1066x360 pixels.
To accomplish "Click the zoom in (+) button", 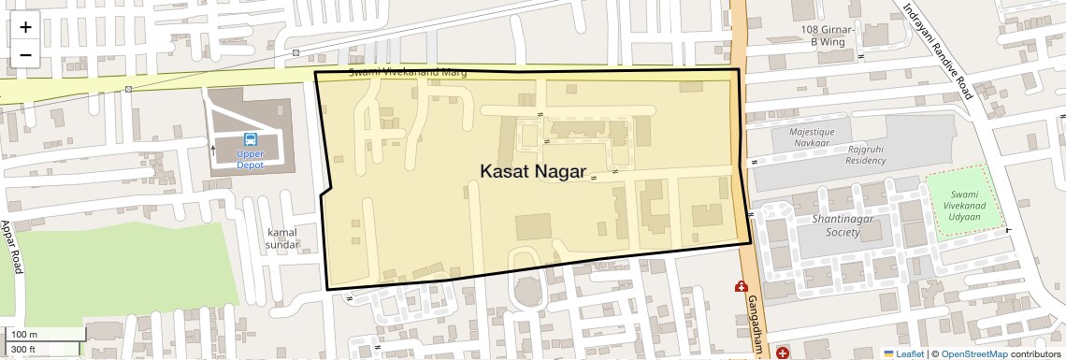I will [x=25, y=27].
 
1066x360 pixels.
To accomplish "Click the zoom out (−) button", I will [x=25, y=54].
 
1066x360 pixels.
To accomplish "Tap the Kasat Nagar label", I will [x=533, y=172].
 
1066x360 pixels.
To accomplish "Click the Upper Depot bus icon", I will [x=250, y=139].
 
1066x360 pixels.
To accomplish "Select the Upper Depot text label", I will [x=250, y=159].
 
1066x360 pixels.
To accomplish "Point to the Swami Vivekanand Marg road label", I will [x=407, y=73].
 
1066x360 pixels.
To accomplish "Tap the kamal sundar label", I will [x=282, y=238].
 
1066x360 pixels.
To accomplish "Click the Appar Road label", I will [x=10, y=247].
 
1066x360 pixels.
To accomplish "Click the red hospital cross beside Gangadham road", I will [x=742, y=287].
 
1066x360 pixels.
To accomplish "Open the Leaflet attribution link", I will [x=903, y=353].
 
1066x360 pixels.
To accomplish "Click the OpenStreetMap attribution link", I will [x=973, y=353].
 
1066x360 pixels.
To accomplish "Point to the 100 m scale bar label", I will [x=24, y=335].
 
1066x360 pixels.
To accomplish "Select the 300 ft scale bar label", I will [x=24, y=350].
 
